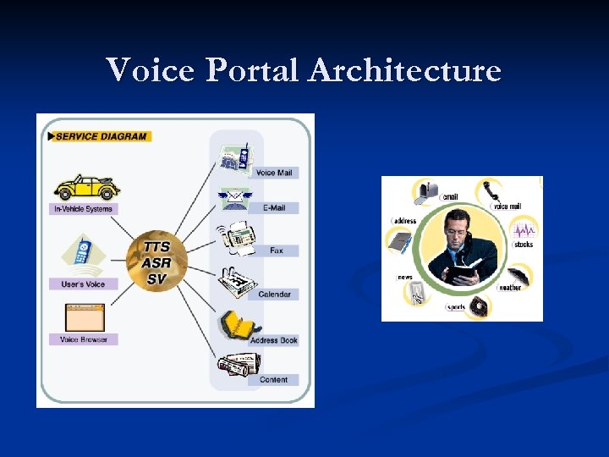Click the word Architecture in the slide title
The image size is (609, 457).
click(404, 69)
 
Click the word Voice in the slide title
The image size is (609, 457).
click(151, 69)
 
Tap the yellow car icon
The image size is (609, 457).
click(85, 186)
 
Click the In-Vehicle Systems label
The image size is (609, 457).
click(83, 208)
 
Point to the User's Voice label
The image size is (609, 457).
click(83, 284)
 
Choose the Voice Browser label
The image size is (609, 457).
click(83, 339)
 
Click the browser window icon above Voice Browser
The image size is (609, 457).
click(85, 317)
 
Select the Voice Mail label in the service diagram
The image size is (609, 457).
click(273, 173)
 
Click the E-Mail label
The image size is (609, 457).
click(273, 208)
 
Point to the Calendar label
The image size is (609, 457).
click(274, 295)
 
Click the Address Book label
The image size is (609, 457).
click(274, 340)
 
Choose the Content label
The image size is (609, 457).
click(273, 380)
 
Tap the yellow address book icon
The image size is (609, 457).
click(232, 327)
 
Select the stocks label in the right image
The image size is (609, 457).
click(524, 245)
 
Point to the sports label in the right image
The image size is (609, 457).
click(456, 307)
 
